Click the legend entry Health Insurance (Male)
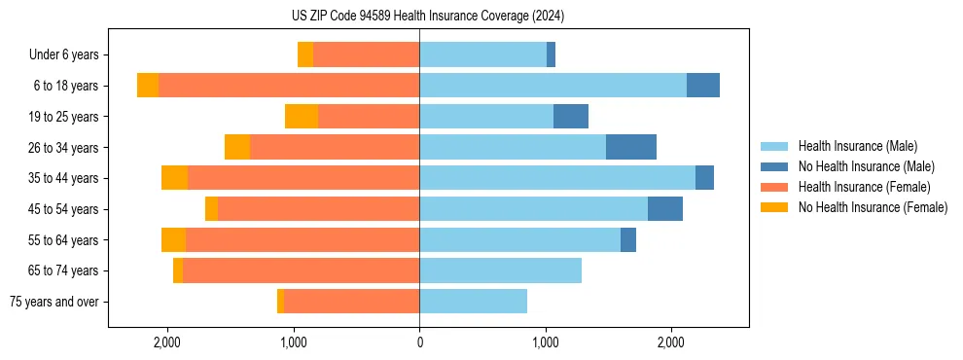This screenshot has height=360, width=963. [x=857, y=146]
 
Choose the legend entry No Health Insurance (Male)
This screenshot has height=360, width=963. [x=866, y=166]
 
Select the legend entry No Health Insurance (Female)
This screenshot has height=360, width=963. [x=873, y=207]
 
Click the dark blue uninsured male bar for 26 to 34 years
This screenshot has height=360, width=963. [x=630, y=147]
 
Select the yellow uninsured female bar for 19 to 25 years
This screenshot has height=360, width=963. [x=302, y=117]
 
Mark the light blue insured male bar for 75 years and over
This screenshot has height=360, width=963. [x=473, y=302]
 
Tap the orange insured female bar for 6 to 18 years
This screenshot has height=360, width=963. [x=289, y=86]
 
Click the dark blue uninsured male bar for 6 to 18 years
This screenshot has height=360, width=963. [x=702, y=86]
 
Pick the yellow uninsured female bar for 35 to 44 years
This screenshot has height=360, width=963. [x=174, y=178]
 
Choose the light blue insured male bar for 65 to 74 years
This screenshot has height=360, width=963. [x=500, y=270]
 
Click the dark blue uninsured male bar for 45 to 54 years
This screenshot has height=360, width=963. [x=664, y=209]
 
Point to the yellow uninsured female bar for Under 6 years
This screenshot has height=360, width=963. [x=305, y=54]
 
